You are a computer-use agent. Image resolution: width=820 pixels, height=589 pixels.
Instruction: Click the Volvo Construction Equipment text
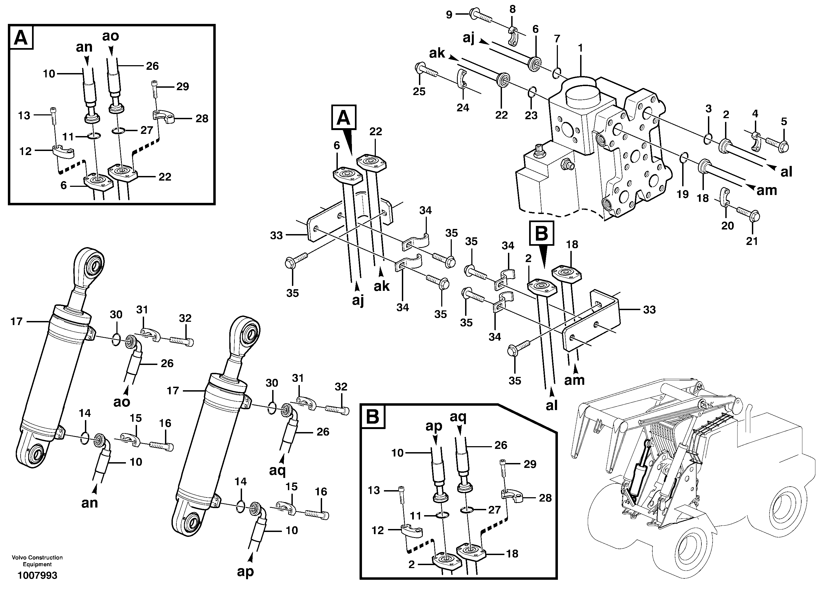pos(37,561)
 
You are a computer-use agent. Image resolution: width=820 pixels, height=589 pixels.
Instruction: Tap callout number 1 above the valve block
pos(581,48)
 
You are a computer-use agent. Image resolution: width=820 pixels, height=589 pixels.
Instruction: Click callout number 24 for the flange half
pos(463,108)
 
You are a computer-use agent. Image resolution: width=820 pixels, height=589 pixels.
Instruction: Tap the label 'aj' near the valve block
pos(469,38)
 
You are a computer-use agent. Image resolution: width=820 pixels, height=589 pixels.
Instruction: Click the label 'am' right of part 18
pos(767,190)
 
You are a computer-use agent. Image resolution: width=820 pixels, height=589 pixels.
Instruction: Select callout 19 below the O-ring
pos(683,194)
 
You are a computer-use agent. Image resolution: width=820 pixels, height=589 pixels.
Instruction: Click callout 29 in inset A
pos(183,86)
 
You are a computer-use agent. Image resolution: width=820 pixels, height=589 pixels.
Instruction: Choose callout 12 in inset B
pos(378,530)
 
